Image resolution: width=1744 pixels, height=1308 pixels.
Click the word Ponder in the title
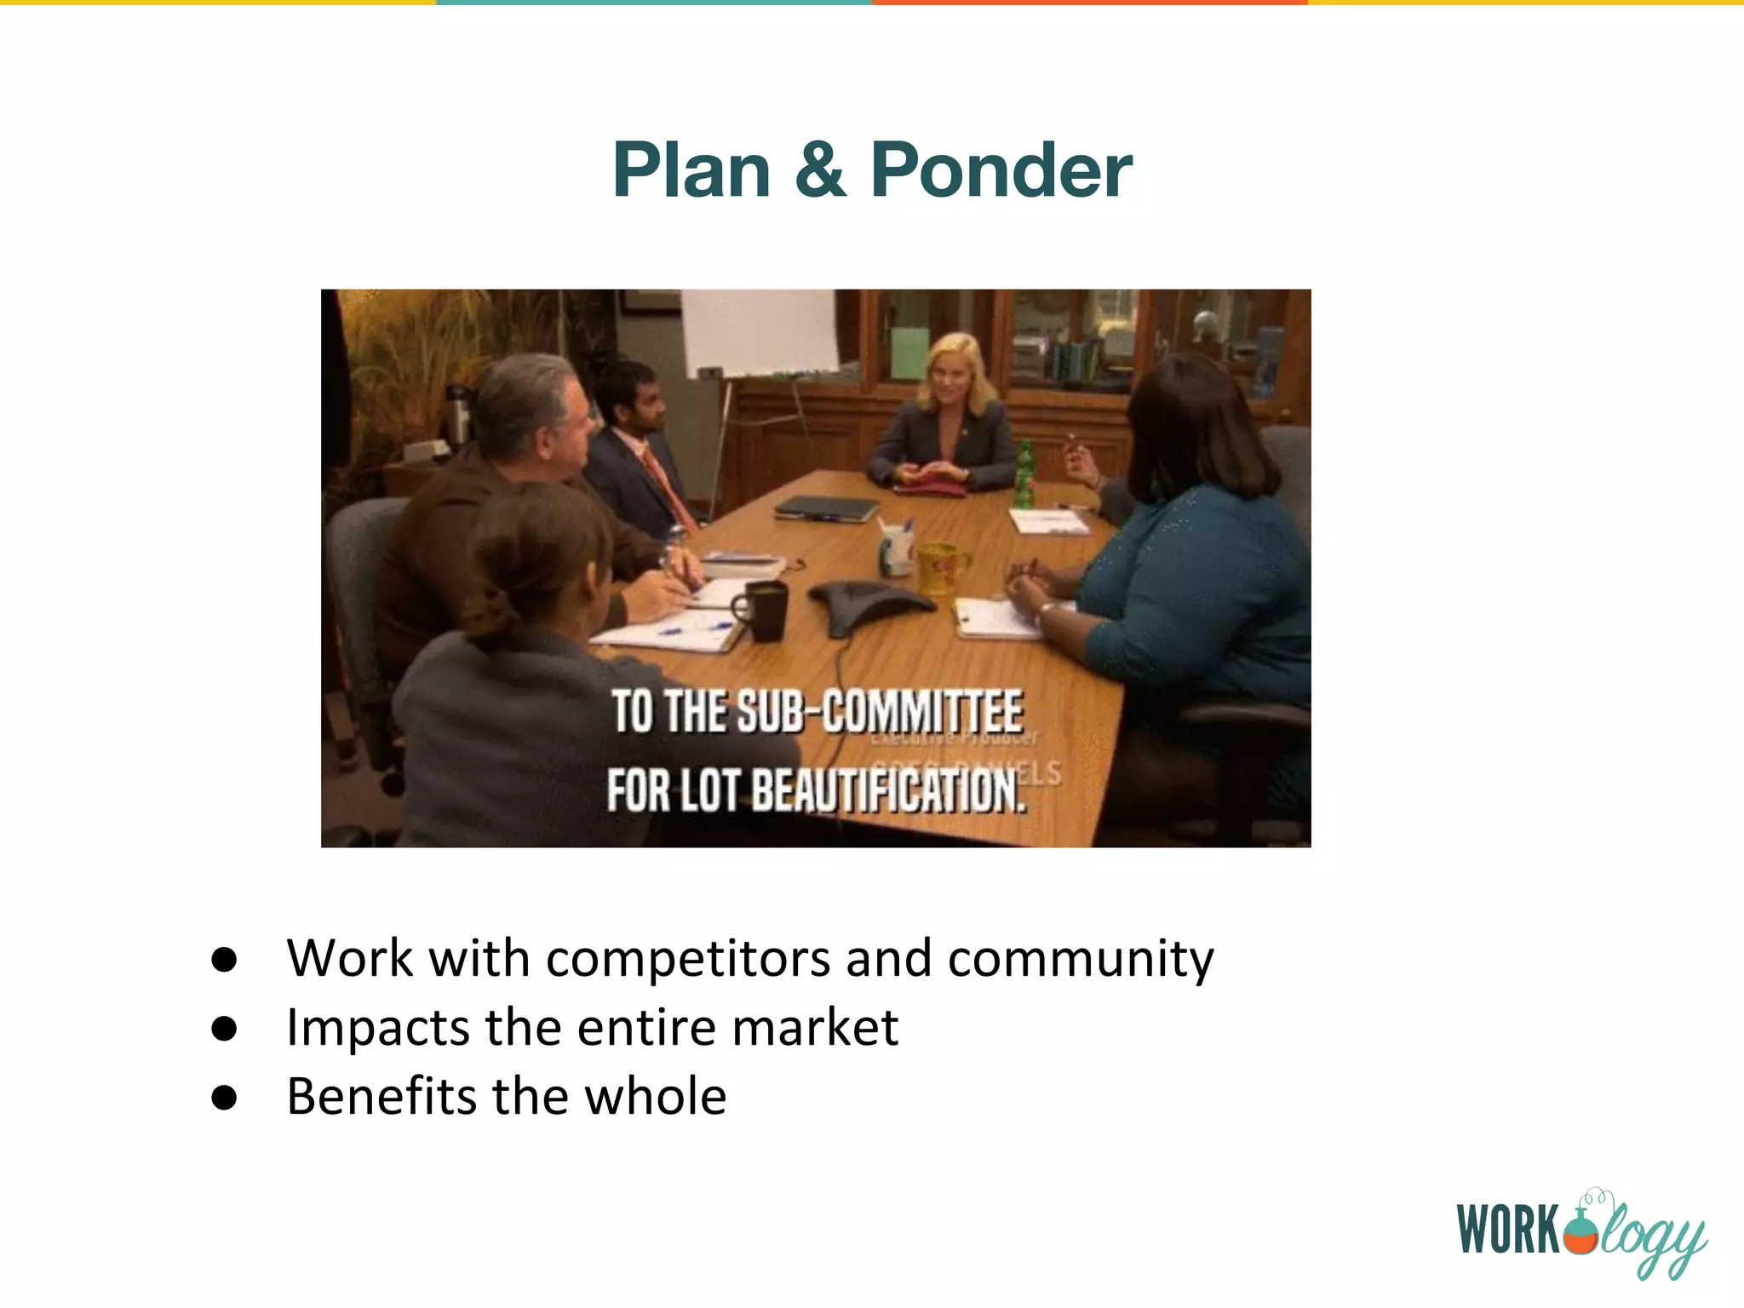pos(1001,170)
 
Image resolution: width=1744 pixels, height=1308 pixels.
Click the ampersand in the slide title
pos(820,170)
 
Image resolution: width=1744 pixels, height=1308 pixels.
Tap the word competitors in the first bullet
pos(688,959)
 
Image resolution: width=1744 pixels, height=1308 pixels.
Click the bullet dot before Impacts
pos(224,1029)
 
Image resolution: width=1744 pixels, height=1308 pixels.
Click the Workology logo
pos(1580,1231)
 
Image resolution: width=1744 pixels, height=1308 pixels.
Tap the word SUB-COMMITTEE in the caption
pos(879,712)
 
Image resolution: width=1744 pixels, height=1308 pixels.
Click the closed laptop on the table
pos(826,509)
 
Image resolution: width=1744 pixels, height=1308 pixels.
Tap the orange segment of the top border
pos(1090,3)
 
